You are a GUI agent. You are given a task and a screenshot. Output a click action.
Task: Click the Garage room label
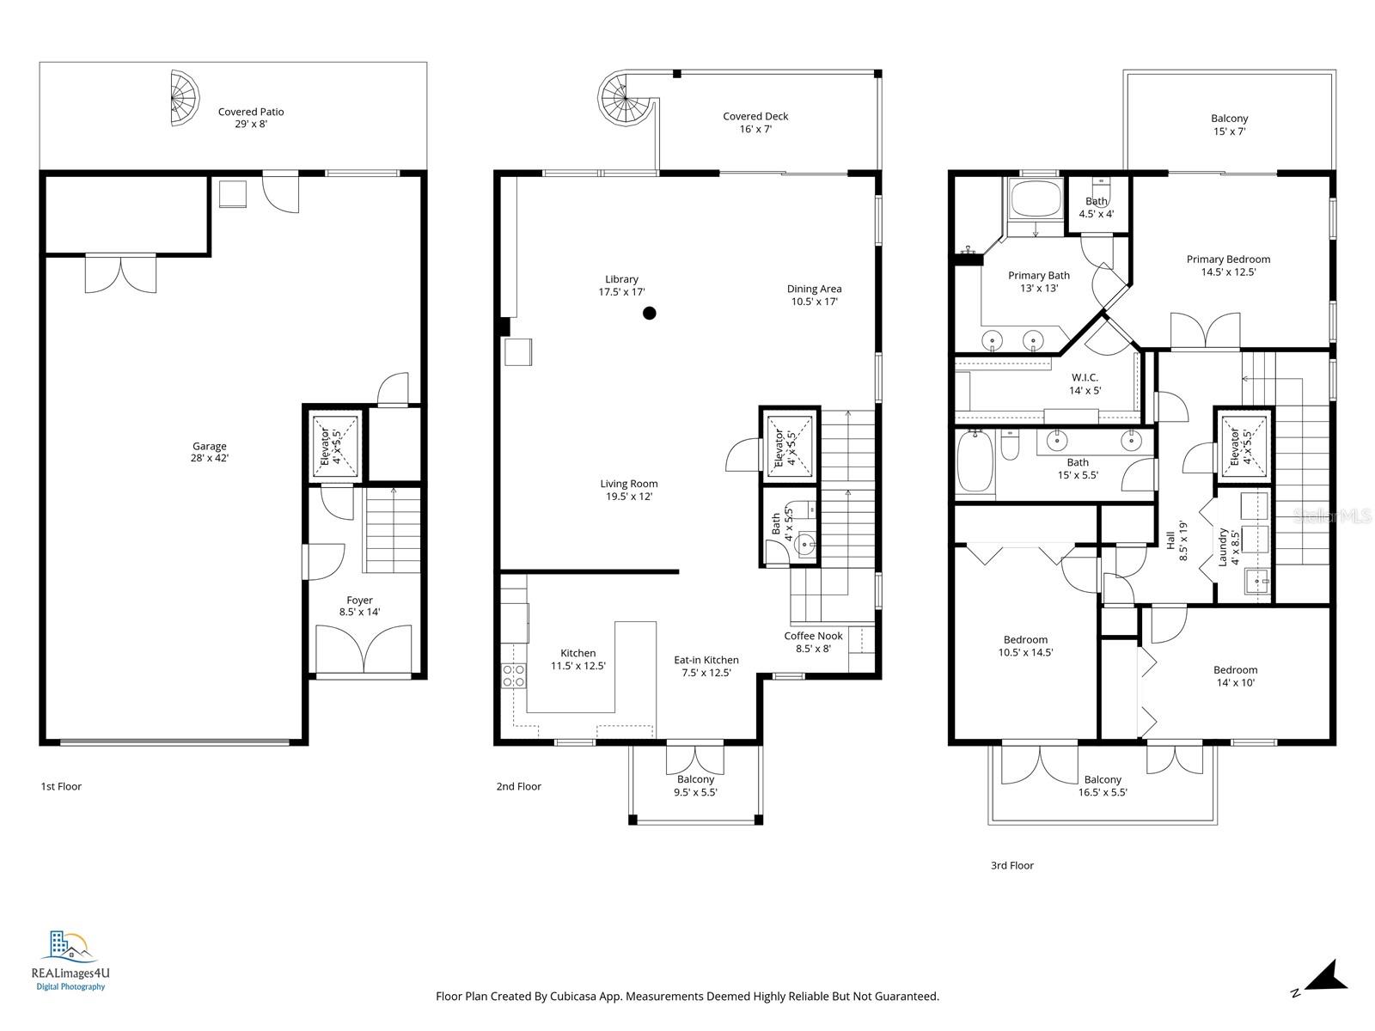[x=209, y=452]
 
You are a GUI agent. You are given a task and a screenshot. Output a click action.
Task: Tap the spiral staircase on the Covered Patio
[x=183, y=98]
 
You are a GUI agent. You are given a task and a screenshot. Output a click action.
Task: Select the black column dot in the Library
[x=650, y=314]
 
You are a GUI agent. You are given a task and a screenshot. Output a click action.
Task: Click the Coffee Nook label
[x=813, y=642]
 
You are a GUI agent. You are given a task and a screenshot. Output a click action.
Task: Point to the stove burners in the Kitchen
[x=514, y=675]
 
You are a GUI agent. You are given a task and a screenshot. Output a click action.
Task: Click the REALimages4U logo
[x=70, y=961]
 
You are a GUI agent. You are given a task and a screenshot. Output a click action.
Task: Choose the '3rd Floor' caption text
[x=1011, y=865]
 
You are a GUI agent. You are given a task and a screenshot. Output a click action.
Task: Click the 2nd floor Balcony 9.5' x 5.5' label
[x=695, y=785]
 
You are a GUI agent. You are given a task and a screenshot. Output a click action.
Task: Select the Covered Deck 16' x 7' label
[x=755, y=122]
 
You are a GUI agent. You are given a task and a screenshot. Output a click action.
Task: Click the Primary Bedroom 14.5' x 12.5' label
[x=1228, y=265]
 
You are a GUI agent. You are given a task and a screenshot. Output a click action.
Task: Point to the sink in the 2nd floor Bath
[x=805, y=543]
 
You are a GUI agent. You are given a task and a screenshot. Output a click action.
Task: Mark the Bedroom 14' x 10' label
[x=1235, y=676]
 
